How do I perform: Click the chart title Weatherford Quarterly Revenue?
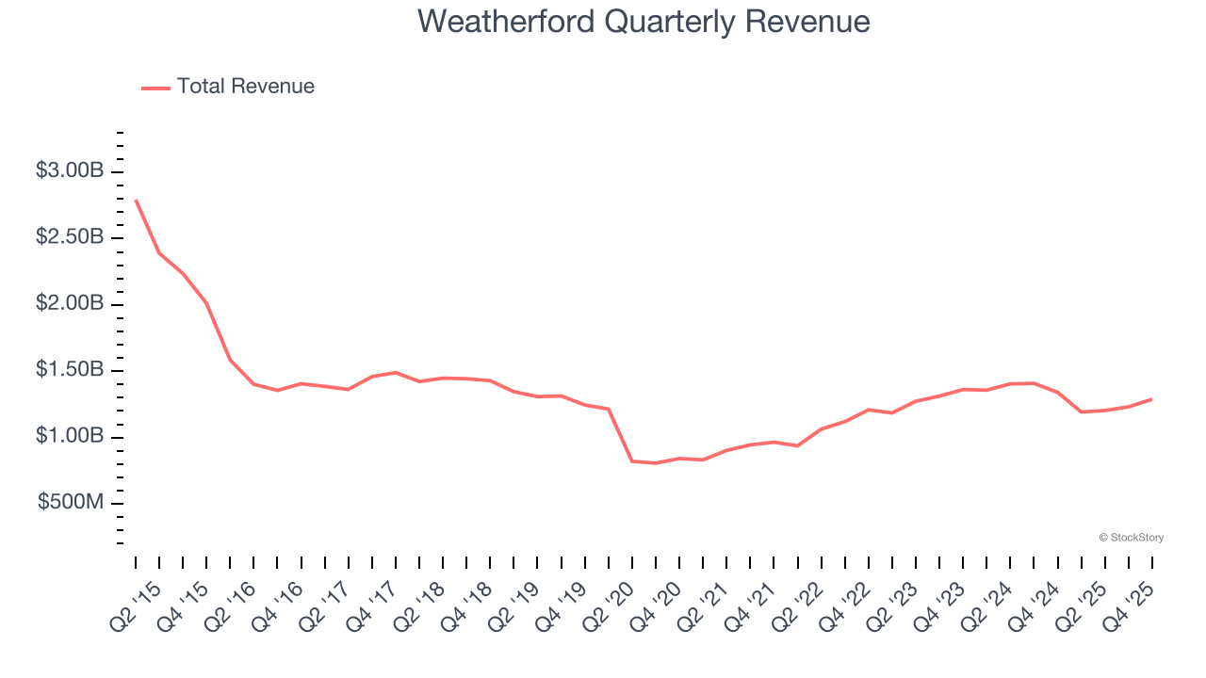point(644,21)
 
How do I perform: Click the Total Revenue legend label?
point(245,87)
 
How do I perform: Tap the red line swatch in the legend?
point(155,88)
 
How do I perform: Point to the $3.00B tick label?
point(69,171)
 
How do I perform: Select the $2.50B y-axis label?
point(69,237)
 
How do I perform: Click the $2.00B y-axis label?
point(69,304)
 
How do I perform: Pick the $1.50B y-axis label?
point(69,370)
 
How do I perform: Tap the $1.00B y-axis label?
point(69,437)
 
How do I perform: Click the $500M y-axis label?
point(71,503)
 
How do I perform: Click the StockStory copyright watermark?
point(1131,538)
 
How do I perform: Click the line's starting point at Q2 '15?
point(136,200)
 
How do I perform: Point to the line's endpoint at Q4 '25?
point(1151,399)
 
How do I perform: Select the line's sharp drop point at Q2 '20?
point(631,460)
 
